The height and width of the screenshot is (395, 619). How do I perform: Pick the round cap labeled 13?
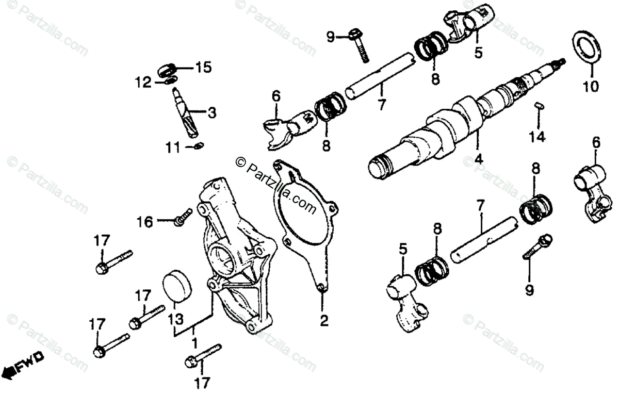click(x=177, y=283)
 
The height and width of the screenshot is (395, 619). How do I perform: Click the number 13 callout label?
click(x=177, y=319)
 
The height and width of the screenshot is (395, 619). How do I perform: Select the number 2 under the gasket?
click(x=323, y=321)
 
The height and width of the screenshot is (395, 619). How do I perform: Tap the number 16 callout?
click(x=145, y=222)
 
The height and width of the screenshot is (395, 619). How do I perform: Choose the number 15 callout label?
click(x=203, y=67)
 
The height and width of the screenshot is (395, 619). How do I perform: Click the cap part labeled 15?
click(x=169, y=69)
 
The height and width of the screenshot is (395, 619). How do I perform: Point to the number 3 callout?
click(x=212, y=112)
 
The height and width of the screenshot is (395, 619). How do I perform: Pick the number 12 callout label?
click(x=143, y=81)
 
